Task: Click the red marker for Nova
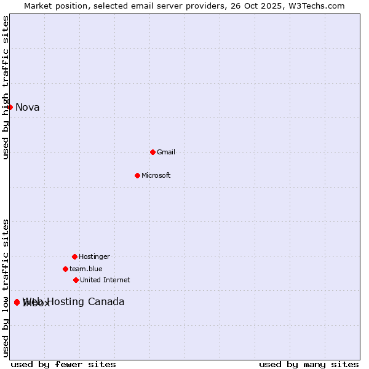pyautogui.click(x=10, y=108)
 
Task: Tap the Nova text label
pyautogui.click(x=27, y=108)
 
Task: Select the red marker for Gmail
pyautogui.click(x=153, y=152)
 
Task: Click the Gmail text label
pyautogui.click(x=166, y=152)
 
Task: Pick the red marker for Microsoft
pyautogui.click(x=137, y=175)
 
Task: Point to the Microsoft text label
pyautogui.click(x=156, y=175)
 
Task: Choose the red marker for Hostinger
pyautogui.click(x=74, y=256)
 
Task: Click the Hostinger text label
pyautogui.click(x=94, y=256)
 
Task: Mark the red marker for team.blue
pyautogui.click(x=65, y=269)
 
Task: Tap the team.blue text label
pyautogui.click(x=86, y=269)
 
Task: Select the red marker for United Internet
pyautogui.click(x=76, y=280)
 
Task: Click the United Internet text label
pyautogui.click(x=105, y=280)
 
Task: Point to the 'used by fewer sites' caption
pyautogui.click(x=63, y=364)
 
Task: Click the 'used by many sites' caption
pyautogui.click(x=309, y=364)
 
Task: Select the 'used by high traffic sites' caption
pyautogui.click(x=6, y=87)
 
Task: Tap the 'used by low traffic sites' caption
pyautogui.click(x=6, y=288)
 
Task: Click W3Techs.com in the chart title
pyautogui.click(x=316, y=6)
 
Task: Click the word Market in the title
pyautogui.click(x=38, y=6)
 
